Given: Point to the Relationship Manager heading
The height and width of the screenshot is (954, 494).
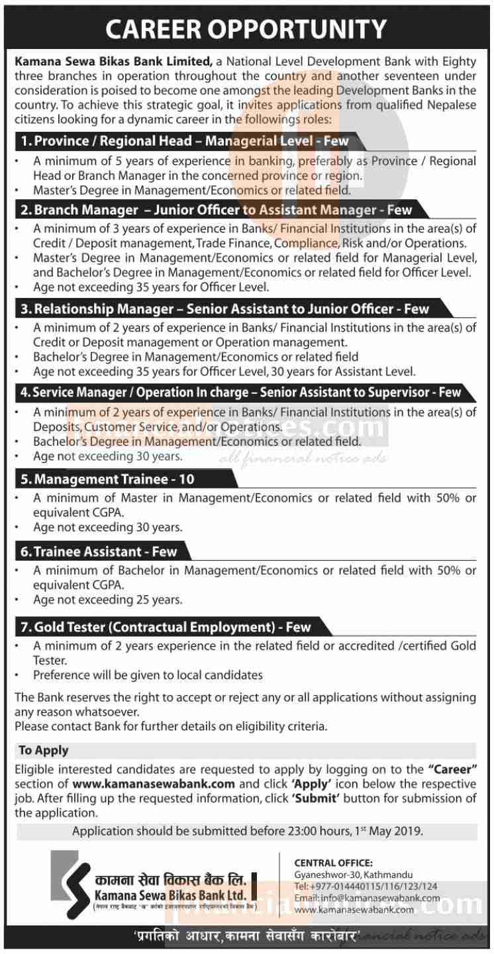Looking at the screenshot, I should click(x=223, y=309).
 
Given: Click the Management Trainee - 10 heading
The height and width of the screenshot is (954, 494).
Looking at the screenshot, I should click(x=107, y=479).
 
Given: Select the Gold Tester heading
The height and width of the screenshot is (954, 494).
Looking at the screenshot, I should click(x=164, y=626).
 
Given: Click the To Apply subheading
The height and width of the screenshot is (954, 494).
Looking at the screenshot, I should click(x=43, y=751).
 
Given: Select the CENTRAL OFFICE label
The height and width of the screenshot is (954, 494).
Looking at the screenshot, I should click(x=334, y=863).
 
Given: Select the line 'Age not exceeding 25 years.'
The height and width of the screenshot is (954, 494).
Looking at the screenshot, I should click(x=108, y=600).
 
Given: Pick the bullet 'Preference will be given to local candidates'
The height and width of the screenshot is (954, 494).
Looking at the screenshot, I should click(x=148, y=675).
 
